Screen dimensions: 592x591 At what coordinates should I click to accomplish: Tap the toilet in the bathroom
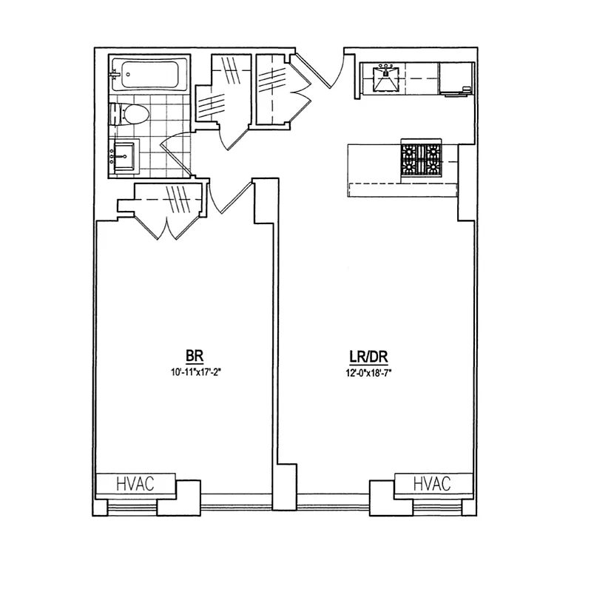pos(131,115)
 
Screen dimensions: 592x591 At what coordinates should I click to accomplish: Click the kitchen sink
pos(386,78)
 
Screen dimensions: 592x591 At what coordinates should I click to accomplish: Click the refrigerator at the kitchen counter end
pos(456,78)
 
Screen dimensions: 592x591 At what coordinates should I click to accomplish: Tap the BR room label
pos(195,354)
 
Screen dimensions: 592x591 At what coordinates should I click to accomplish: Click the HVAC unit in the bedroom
pos(135,484)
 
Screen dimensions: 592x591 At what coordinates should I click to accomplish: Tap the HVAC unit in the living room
pos(432,484)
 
